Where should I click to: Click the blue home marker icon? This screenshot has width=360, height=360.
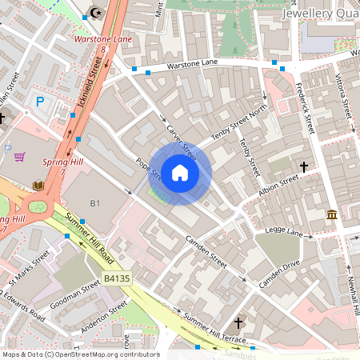point(180,173)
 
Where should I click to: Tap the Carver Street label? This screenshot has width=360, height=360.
point(181,139)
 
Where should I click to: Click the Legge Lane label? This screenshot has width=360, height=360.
point(283,234)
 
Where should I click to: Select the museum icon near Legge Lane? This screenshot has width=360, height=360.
point(332,214)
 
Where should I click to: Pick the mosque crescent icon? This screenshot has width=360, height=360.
point(97,13)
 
